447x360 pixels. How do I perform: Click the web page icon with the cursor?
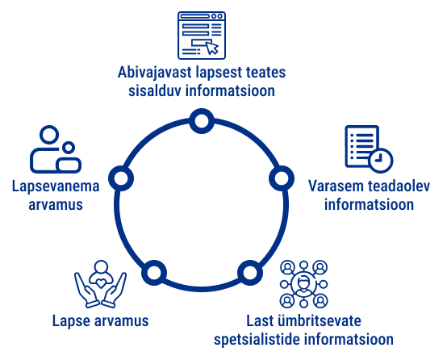[202, 36]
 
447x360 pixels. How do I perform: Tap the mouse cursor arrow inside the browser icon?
[212, 48]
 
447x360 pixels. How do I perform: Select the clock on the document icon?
[380, 161]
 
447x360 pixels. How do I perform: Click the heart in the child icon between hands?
[100, 283]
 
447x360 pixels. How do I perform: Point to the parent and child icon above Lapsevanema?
[56, 149]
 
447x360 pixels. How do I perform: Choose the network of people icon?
[303, 284]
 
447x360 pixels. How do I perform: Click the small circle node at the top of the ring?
[202, 121]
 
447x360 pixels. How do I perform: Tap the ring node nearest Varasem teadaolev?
[282, 178]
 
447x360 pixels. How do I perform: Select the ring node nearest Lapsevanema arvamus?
[121, 178]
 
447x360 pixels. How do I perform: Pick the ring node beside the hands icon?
[154, 273]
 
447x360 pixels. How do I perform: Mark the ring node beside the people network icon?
[250, 273]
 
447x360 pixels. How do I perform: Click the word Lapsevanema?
[56, 186]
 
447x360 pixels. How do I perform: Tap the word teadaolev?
[399, 186]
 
